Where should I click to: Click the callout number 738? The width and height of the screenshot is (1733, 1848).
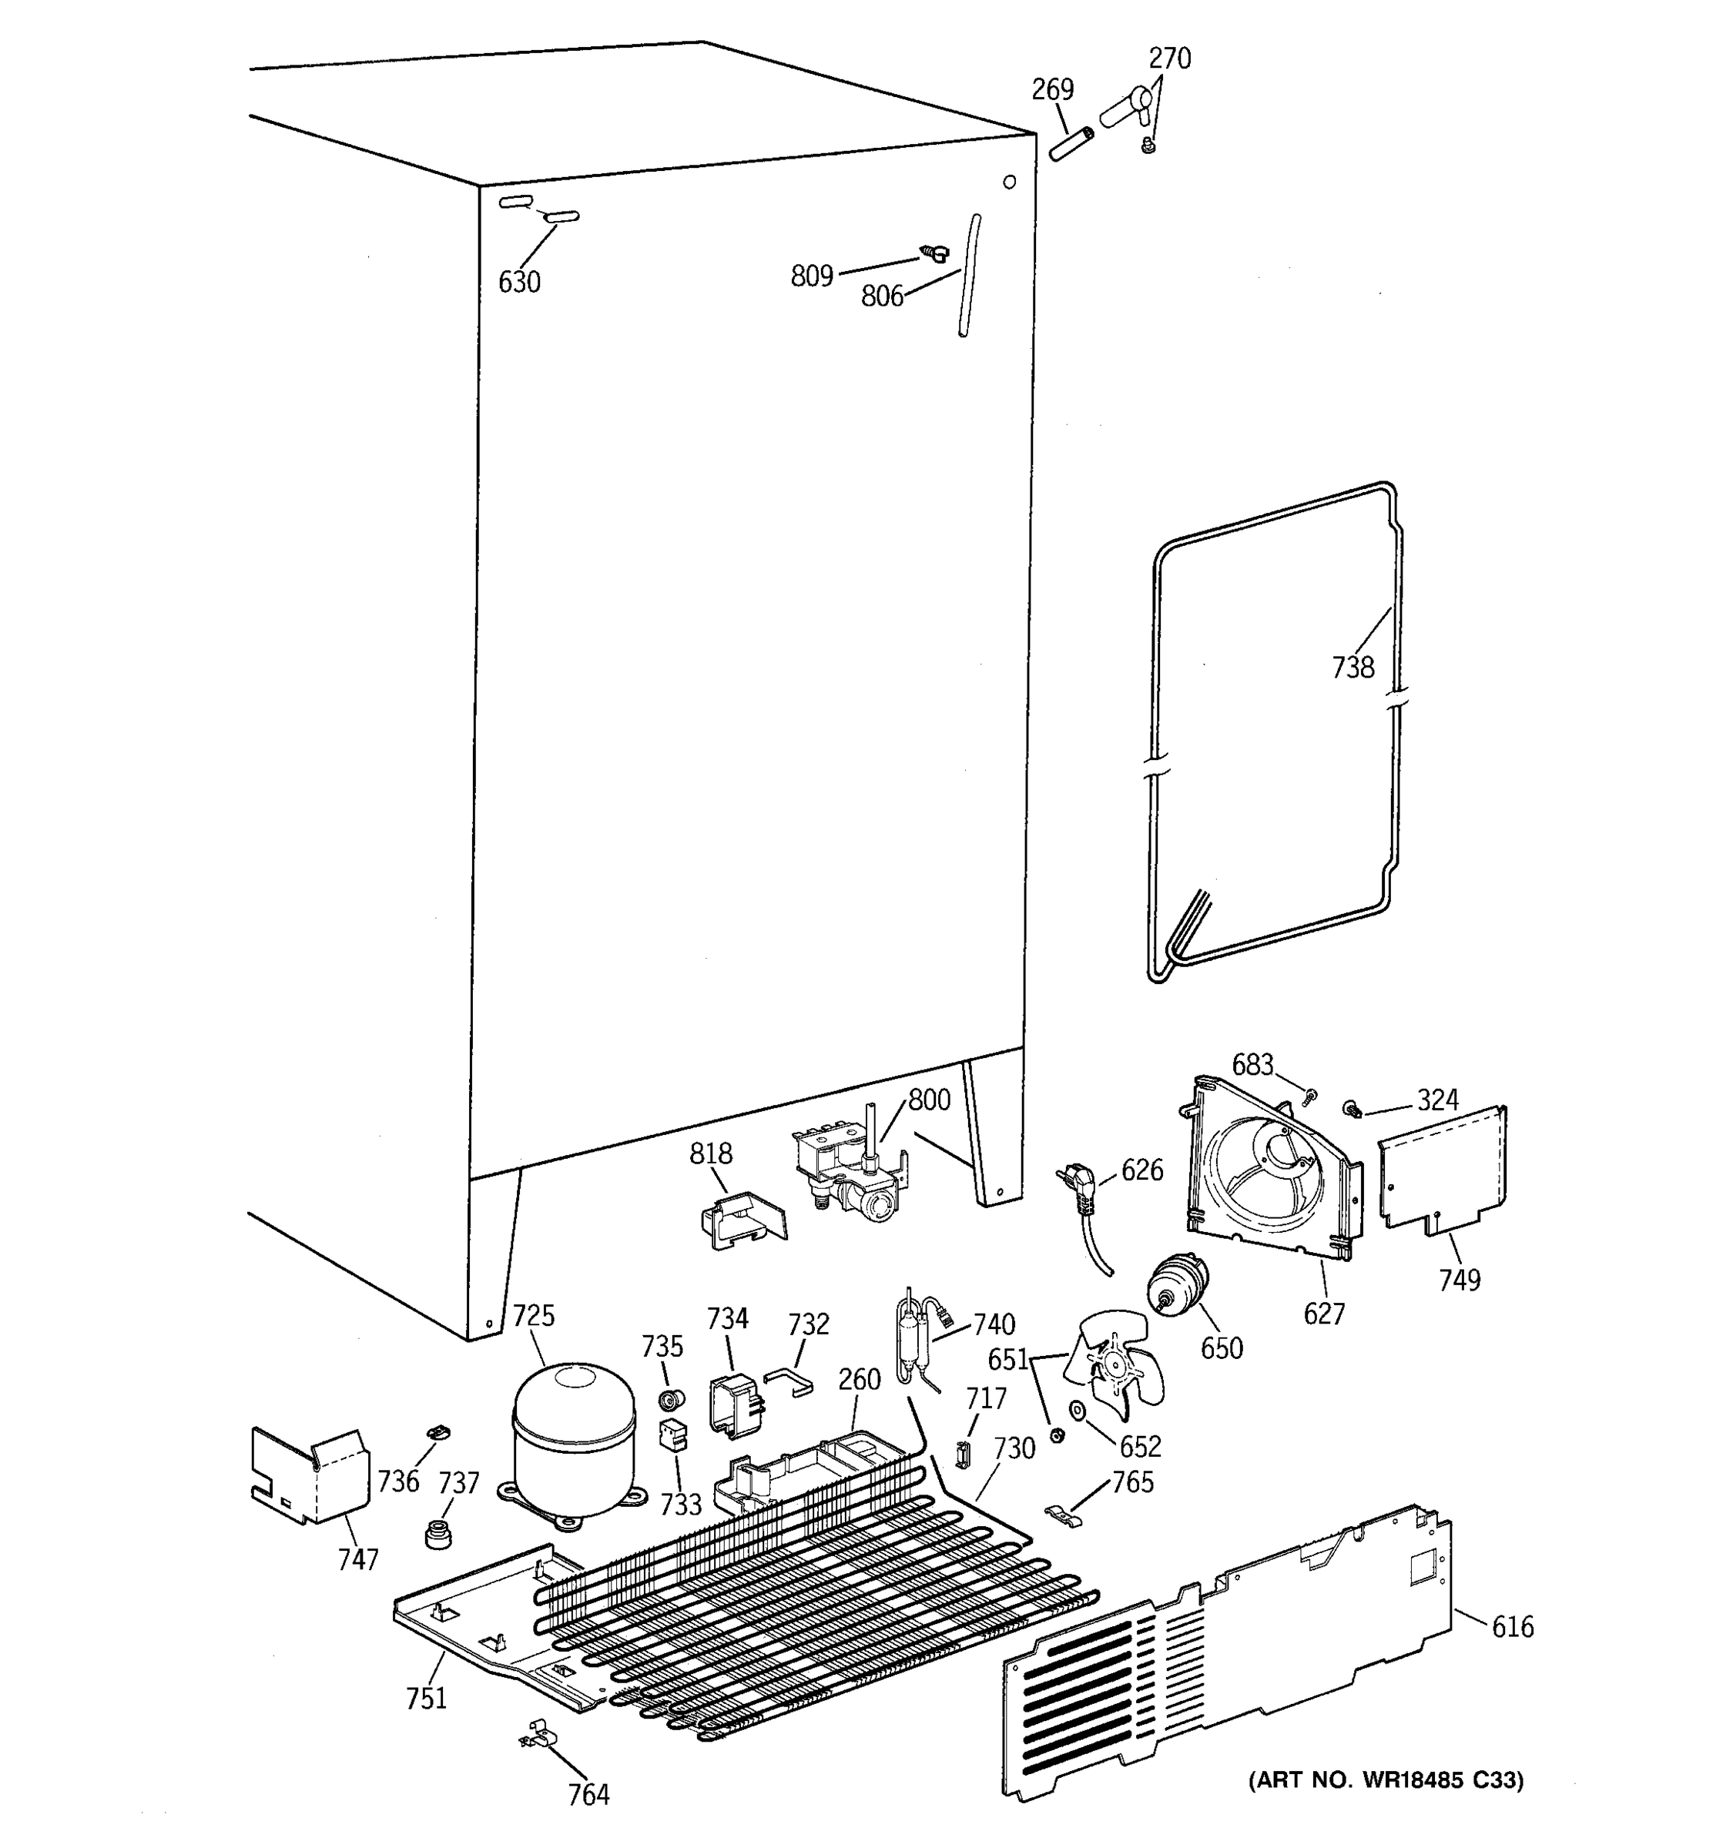(x=1352, y=667)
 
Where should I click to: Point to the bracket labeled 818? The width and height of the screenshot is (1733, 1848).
(x=741, y=1220)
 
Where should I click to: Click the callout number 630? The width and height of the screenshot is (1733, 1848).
(x=519, y=282)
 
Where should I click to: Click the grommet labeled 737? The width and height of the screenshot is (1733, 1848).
(x=437, y=1534)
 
